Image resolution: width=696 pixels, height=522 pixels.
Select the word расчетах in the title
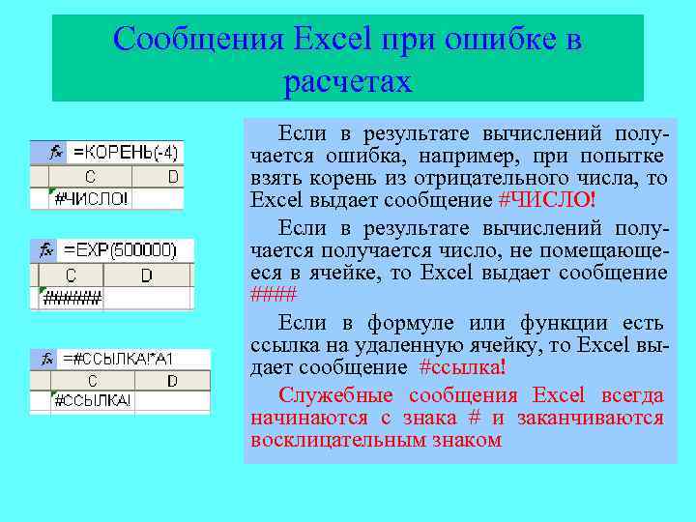point(348,81)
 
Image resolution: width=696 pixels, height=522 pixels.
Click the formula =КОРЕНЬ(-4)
point(126,152)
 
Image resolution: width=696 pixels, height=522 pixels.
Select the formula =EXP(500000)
point(120,249)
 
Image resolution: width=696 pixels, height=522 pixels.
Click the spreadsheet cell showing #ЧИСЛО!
point(91,199)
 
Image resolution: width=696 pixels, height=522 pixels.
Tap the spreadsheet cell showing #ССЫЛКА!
point(92,400)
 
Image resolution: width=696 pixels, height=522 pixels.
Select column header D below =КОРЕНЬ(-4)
point(173,176)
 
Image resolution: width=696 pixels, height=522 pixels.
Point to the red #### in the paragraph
point(273,295)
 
